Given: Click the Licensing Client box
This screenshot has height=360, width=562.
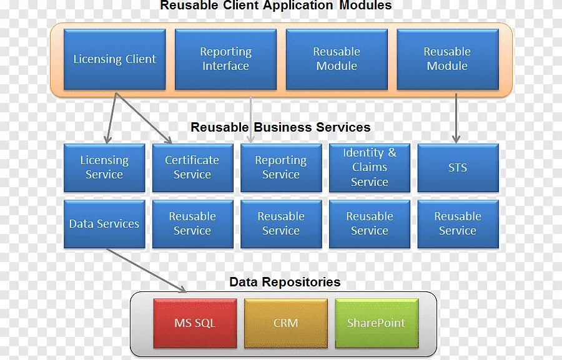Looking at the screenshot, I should pos(114,59).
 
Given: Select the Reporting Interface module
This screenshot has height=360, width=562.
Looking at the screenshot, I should pos(225,59).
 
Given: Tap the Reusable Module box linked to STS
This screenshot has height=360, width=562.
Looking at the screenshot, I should pos(447,59).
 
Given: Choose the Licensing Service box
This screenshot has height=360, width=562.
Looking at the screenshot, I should pos(104,167).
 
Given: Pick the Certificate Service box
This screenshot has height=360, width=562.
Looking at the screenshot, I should pos(192,167).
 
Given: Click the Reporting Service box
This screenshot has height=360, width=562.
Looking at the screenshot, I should pos(281,167).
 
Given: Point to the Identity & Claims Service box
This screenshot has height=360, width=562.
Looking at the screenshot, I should pos(370,167).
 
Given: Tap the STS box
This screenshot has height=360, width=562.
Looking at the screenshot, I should pos(458,167).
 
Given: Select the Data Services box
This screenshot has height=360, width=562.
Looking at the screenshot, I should pos(104,223).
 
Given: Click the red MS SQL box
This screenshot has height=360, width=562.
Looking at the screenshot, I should pos(195,323).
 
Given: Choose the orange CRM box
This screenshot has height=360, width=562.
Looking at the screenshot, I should pos(285,323).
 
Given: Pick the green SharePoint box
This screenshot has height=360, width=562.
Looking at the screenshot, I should pos(376,323).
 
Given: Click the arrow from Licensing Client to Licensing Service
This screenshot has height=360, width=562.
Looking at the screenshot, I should pos(111,119).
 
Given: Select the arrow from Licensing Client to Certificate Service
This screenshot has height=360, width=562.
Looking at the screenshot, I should pos(144,119).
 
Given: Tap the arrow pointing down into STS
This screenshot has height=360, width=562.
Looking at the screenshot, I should pos(456,119).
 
